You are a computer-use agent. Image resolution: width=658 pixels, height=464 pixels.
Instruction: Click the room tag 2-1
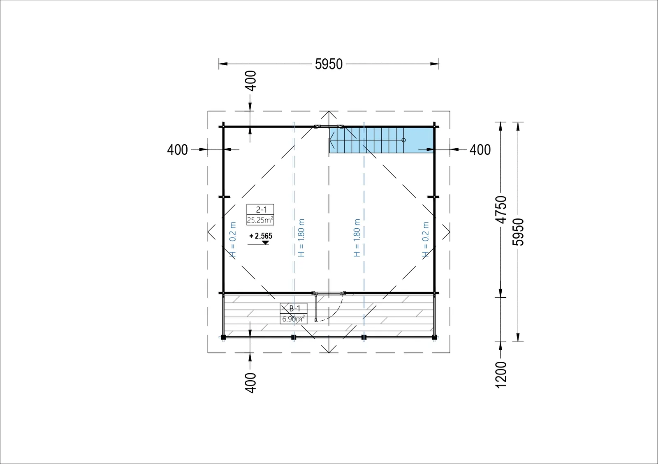coord(261,210)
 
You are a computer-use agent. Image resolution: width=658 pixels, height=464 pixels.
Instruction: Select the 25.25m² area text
coord(260,220)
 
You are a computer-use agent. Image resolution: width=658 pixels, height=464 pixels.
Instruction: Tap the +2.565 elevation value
coord(261,236)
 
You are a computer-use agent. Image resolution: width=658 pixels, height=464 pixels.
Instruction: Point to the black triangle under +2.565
coord(265,243)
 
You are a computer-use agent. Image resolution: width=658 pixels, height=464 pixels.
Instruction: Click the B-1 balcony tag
coord(294,308)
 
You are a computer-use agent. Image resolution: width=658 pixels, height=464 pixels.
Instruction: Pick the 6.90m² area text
coord(294,319)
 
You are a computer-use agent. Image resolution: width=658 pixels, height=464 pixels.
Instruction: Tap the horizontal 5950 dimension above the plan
coord(329,64)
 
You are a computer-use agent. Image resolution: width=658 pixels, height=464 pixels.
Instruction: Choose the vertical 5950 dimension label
coord(518,232)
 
